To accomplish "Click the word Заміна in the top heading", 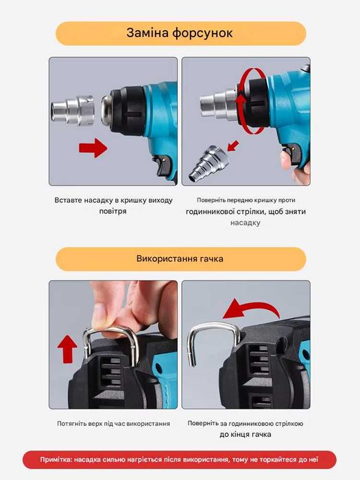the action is click(147, 33).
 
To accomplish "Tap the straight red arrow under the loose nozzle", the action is click(93, 148).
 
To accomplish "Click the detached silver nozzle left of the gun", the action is click(73, 110).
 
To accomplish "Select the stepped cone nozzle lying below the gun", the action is click(208, 163).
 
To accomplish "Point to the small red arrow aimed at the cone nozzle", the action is click(233, 145).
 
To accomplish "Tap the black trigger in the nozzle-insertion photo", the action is click(163, 165).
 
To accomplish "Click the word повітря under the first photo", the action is click(112, 211).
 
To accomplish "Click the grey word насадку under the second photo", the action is click(245, 223).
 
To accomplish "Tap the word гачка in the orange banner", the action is click(211, 259).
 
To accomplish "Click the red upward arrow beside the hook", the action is click(67, 349).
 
